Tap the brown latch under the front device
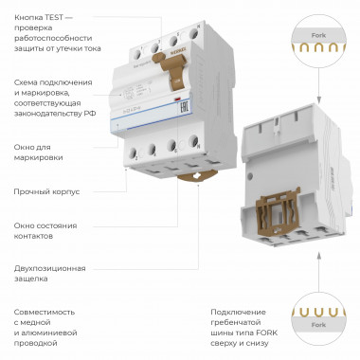(x=189, y=174)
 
